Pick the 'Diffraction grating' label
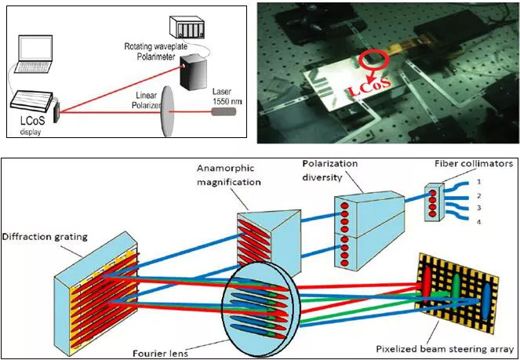pos(44,236)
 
